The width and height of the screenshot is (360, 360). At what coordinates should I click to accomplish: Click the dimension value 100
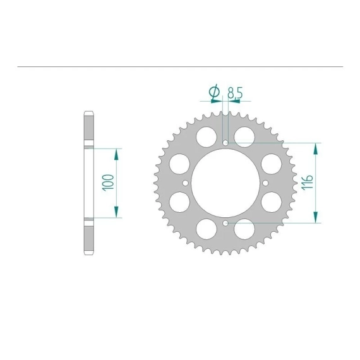[x=109, y=183]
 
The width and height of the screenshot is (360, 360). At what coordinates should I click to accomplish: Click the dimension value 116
[x=308, y=183]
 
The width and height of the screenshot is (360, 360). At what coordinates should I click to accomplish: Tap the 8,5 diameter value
[x=235, y=93]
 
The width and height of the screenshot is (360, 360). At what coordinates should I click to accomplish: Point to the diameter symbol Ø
[x=214, y=92]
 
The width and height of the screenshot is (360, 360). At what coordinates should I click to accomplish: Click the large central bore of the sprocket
[x=225, y=183]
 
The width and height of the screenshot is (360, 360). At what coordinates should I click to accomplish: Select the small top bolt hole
[x=225, y=143]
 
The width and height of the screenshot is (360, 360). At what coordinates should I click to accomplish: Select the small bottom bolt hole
[x=225, y=223]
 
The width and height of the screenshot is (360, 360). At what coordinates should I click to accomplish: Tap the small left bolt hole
[x=186, y=183]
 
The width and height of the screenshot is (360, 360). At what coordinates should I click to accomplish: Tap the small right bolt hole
[x=265, y=183]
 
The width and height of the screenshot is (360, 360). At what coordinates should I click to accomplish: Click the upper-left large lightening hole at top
[x=207, y=137]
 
